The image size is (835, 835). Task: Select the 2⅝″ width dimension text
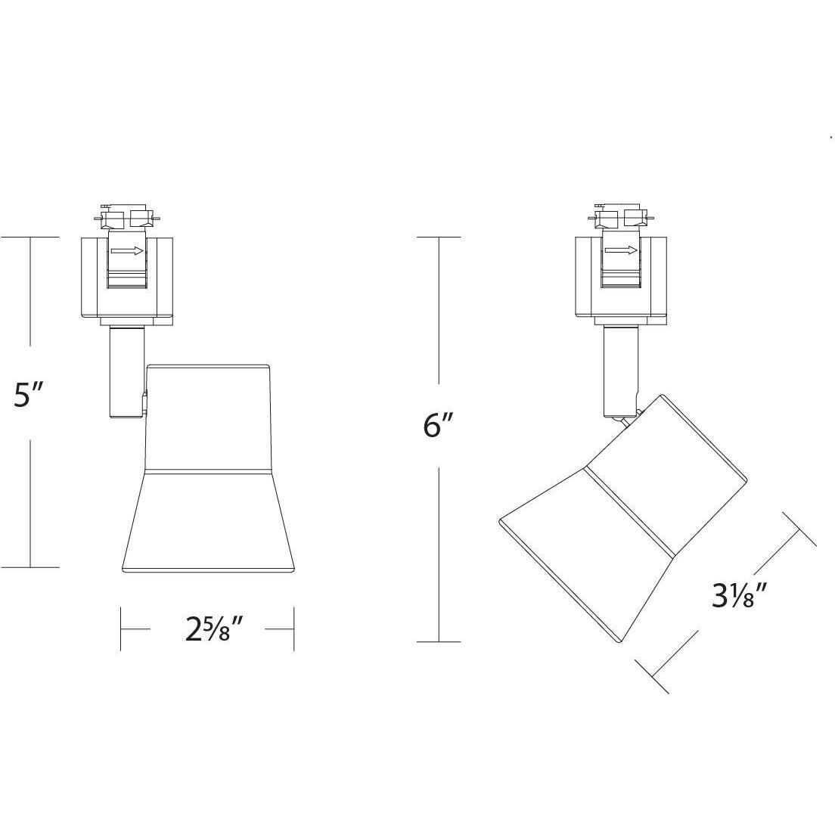coord(213,629)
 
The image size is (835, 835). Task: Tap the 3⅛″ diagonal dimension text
coord(740,598)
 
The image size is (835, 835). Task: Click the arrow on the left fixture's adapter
coord(126,250)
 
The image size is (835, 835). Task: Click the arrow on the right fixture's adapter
coord(620,250)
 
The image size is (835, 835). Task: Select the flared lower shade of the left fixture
coord(208,522)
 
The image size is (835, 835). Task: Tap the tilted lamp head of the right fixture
coord(624,514)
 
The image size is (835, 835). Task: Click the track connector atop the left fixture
coord(126,219)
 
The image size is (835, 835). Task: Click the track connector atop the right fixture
coord(620,219)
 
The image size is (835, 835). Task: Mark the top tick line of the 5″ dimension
coord(30,237)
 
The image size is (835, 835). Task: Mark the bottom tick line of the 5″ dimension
coord(30,566)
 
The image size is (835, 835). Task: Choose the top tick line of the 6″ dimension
coord(439,237)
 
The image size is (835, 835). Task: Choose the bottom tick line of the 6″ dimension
coord(439,641)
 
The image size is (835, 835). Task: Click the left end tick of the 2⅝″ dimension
coord(121,628)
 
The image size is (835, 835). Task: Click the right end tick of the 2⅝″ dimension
coord(293,628)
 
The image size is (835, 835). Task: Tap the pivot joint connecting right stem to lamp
coord(626,417)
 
